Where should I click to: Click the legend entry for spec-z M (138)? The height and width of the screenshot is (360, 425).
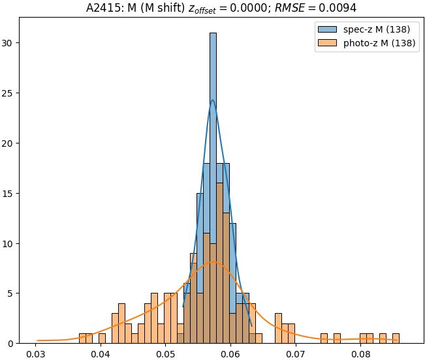[376, 29]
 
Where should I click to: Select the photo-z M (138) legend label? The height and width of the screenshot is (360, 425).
[379, 44]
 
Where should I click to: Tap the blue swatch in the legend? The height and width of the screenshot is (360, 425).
[328, 29]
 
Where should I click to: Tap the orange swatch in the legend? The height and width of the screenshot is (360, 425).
[328, 44]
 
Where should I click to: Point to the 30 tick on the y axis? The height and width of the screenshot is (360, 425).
[9, 43]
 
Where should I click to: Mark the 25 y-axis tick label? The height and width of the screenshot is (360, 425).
[9, 93]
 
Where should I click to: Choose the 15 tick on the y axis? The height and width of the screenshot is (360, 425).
[9, 194]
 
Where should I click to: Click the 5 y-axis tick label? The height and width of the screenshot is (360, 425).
[12, 293]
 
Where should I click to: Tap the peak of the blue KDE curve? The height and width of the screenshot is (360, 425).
[213, 100]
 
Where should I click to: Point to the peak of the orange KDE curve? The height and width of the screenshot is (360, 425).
[213, 262]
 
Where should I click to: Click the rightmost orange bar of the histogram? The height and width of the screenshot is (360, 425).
[396, 338]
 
